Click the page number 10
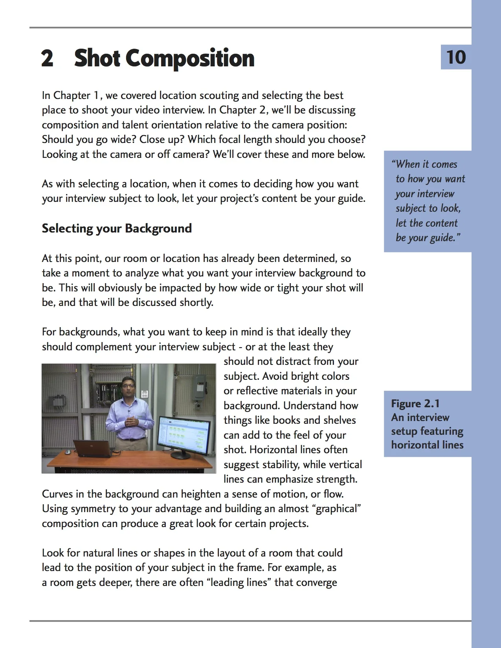click(x=456, y=57)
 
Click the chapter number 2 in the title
click(x=47, y=58)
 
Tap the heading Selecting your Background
click(x=117, y=228)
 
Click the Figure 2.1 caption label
click(x=415, y=404)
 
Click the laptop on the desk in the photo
click(x=93, y=448)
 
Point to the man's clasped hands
click(x=132, y=422)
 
